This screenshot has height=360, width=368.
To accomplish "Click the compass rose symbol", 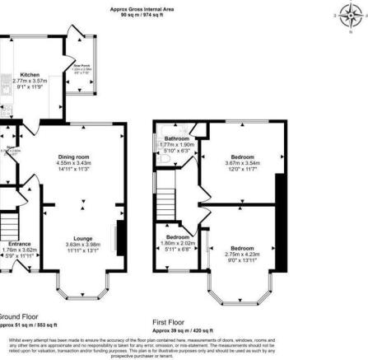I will (x=348, y=15).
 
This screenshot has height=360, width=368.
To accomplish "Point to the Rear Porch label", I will (x=81, y=67).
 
